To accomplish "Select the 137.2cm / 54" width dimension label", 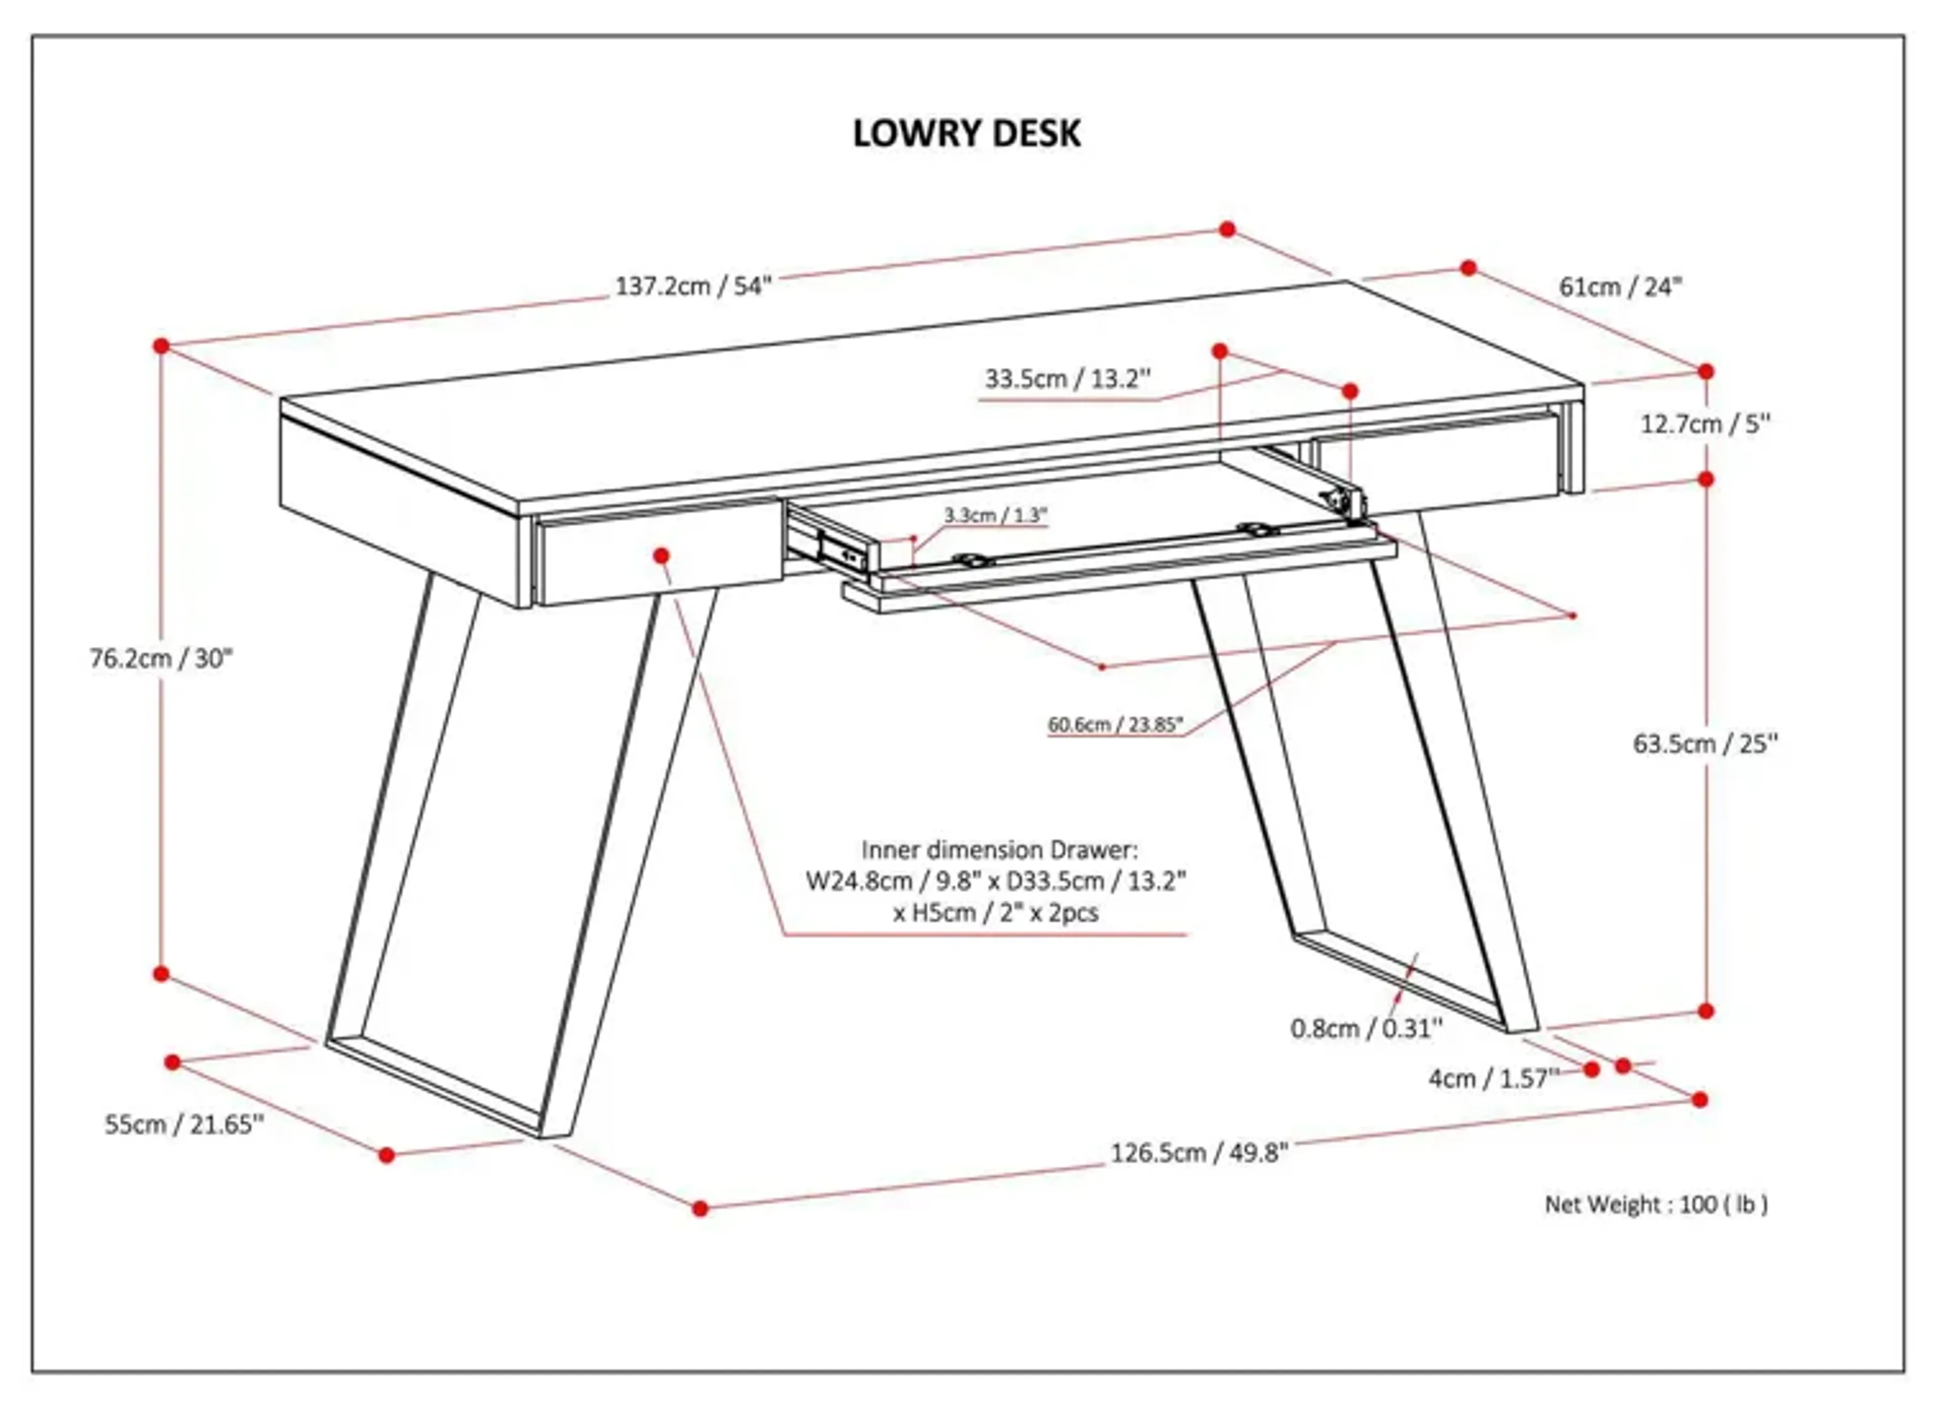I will click(x=694, y=286).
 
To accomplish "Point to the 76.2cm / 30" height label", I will click(x=162, y=659).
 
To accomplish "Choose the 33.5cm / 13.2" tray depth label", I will click(x=1066, y=379).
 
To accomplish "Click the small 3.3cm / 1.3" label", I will click(x=995, y=515).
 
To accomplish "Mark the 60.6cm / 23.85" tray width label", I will click(x=1115, y=725).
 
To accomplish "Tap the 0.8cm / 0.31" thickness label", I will click(x=1366, y=1029).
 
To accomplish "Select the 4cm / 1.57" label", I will click(x=1493, y=1079).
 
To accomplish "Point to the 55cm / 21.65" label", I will click(x=184, y=1125).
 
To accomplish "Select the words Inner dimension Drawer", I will click(x=999, y=851).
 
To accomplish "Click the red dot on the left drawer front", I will click(x=660, y=557).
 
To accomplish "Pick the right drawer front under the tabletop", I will click(x=1437, y=464).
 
